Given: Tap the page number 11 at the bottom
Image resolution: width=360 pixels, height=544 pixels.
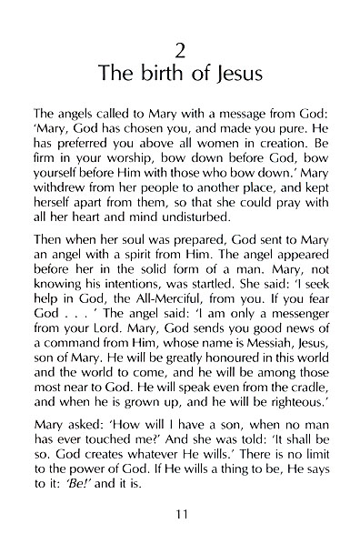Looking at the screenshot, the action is (180, 516).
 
